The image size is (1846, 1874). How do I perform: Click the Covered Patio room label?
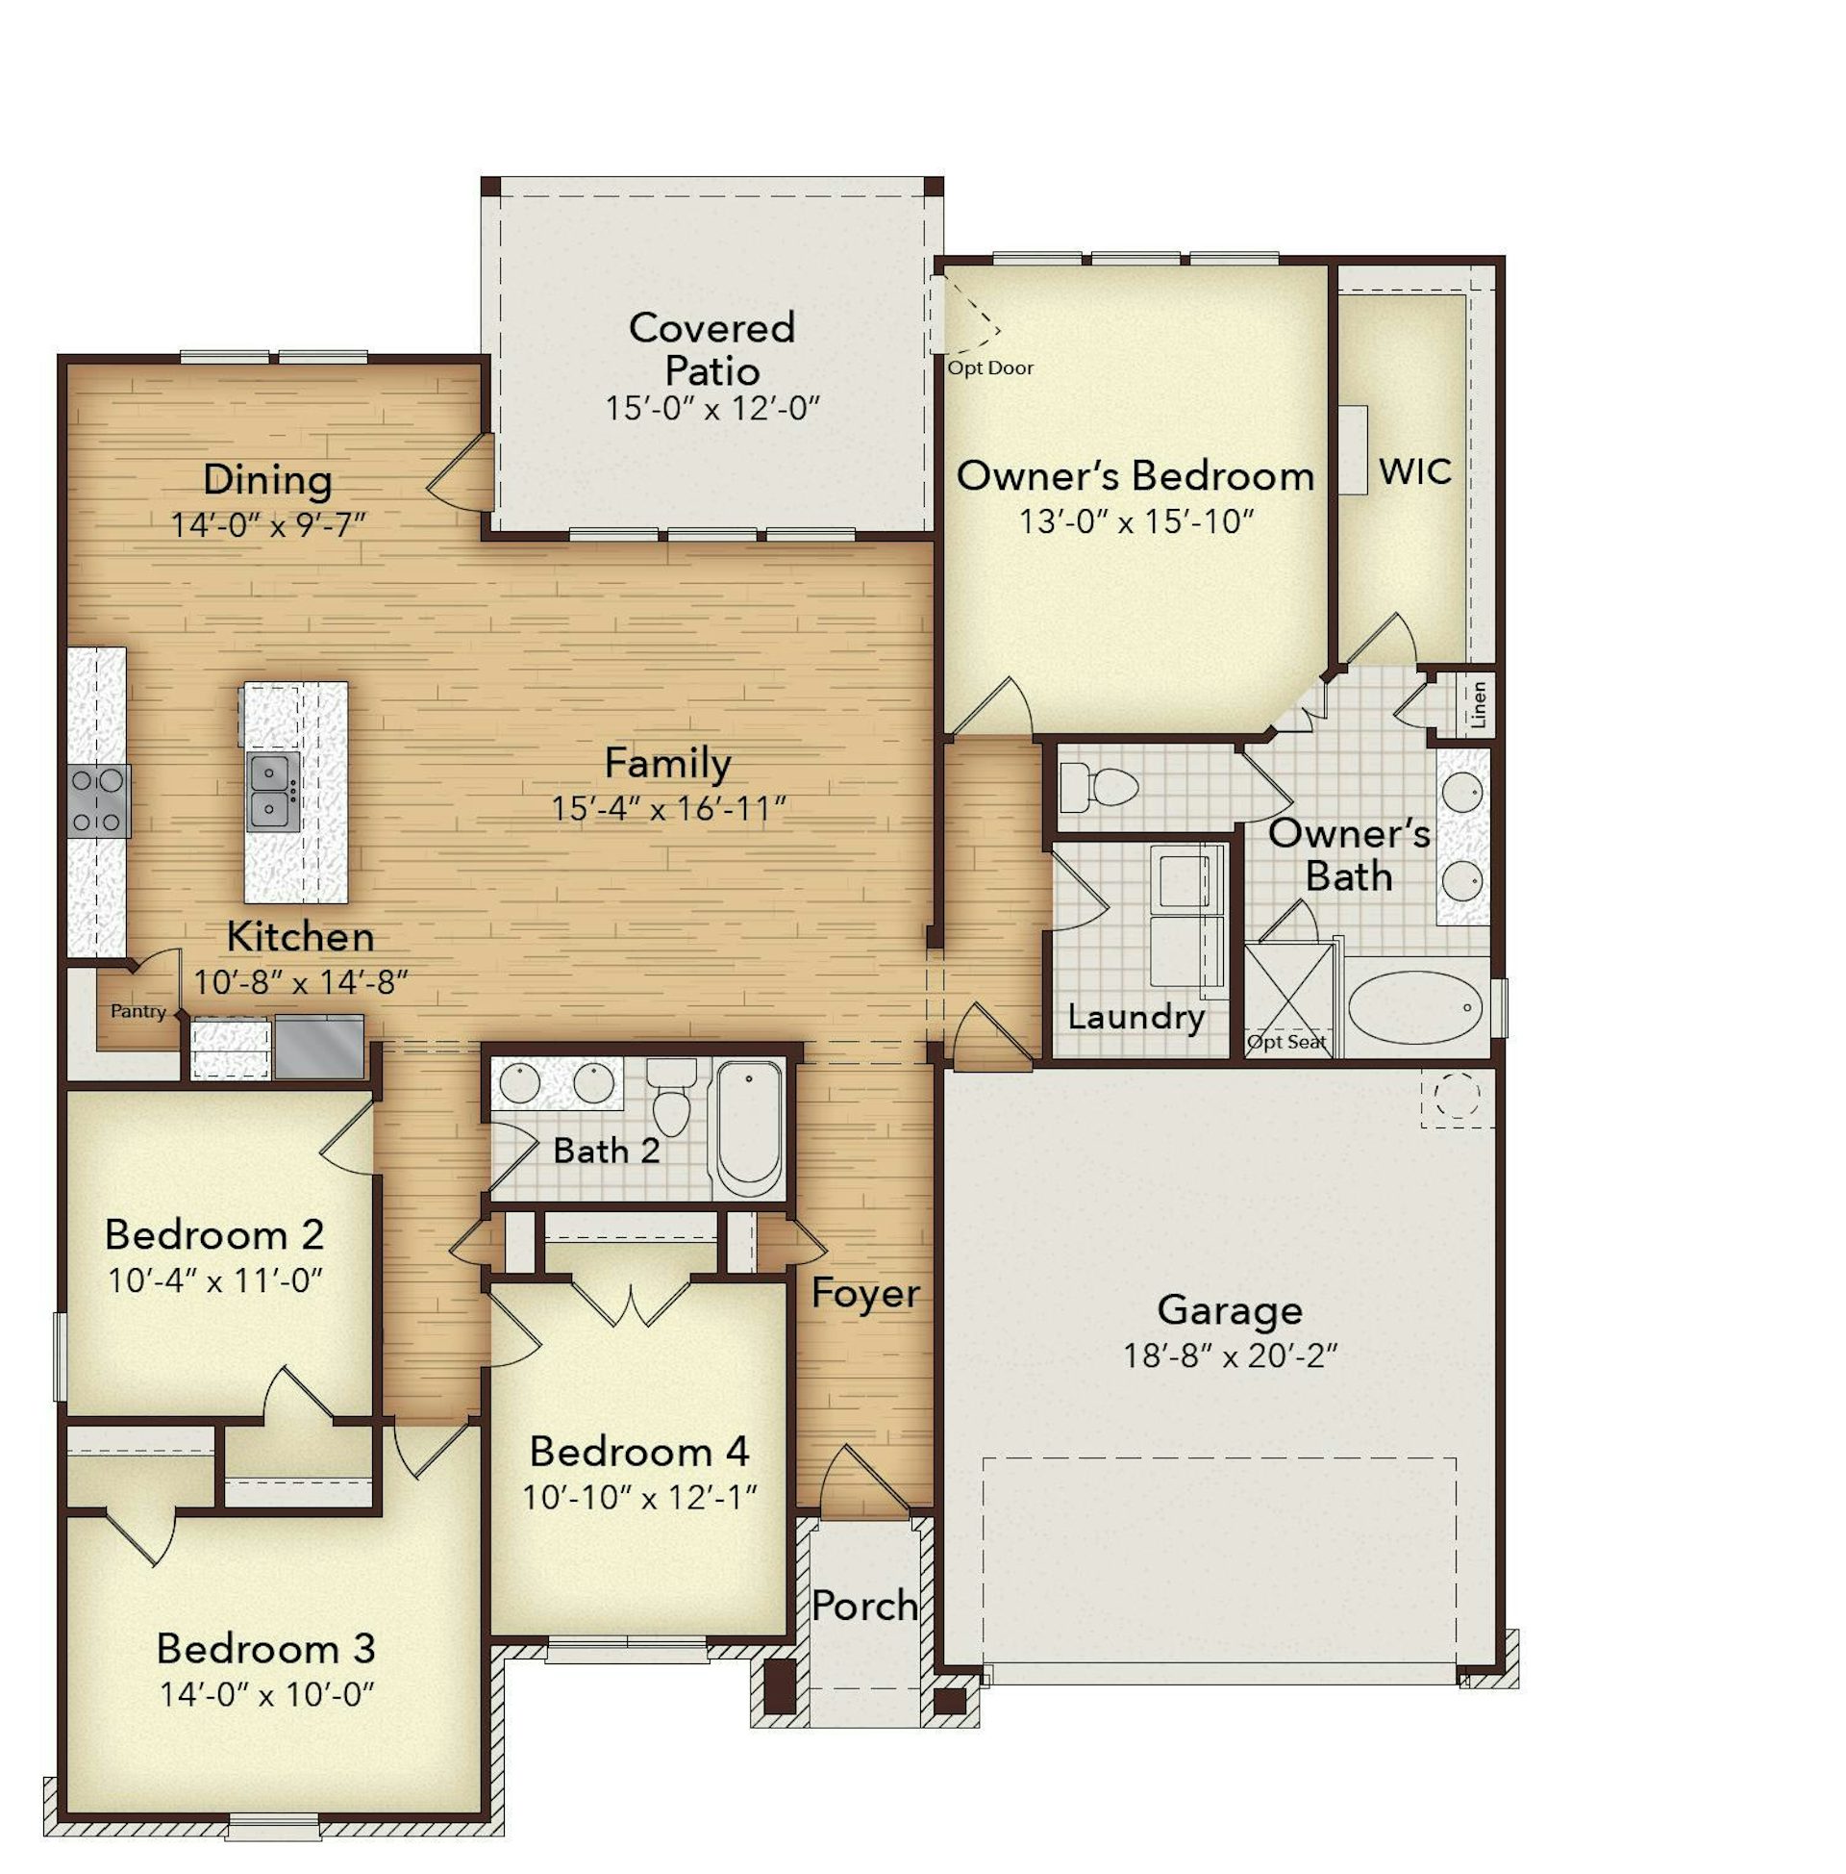[711, 348]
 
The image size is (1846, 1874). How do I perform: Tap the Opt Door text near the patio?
[990, 367]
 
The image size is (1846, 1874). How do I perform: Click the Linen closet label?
[1479, 704]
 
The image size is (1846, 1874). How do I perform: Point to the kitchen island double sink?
[273, 792]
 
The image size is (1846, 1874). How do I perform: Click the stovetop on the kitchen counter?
[98, 801]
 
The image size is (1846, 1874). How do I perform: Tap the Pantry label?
[137, 1011]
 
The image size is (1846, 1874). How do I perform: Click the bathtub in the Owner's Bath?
[1415, 1008]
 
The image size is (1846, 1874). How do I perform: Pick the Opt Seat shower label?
[1285, 1042]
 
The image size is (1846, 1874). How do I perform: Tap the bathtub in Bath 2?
[747, 1129]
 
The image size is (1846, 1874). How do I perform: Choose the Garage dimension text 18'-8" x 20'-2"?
[1230, 1355]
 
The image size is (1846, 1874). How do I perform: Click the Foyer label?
[864, 1293]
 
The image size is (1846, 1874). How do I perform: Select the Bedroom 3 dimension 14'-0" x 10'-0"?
[266, 1694]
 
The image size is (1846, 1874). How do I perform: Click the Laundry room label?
[1135, 1017]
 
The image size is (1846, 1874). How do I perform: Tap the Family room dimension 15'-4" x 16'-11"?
[667, 808]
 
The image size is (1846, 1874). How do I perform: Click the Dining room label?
[267, 480]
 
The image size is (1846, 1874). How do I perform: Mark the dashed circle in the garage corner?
[1457, 1097]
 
